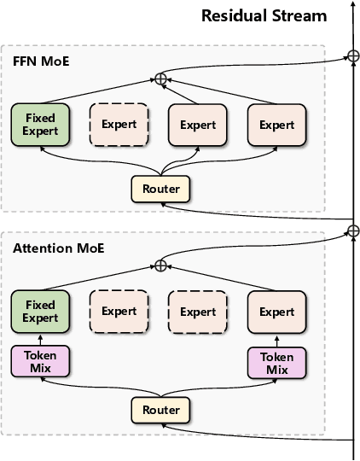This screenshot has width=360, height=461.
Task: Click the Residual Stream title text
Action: click(264, 15)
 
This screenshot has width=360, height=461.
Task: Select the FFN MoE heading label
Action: click(40, 61)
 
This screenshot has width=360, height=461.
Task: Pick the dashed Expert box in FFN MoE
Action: click(119, 125)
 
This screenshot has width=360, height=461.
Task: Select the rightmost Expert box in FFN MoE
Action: click(276, 125)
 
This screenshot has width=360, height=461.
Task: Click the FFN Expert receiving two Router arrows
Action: click(197, 125)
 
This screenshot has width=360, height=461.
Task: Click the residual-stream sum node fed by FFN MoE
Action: click(352, 57)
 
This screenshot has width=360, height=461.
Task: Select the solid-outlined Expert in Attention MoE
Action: click(276, 311)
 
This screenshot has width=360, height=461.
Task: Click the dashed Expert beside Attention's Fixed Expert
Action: click(119, 311)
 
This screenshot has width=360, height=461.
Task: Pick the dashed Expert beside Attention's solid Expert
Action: click(197, 311)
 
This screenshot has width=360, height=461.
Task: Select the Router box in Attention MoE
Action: click(161, 410)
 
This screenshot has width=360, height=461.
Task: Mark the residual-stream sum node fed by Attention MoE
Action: click(352, 230)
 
